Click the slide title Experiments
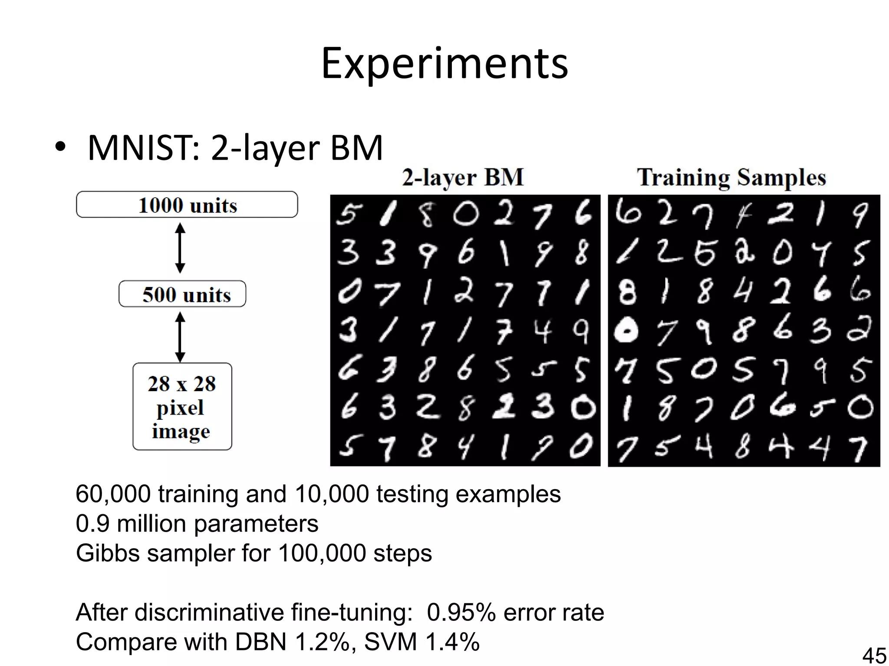[x=444, y=63]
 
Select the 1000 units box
[x=187, y=205]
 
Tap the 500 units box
[x=182, y=294]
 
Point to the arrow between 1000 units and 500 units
[x=180, y=248]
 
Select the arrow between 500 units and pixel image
[x=180, y=337]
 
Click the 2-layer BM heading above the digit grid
[x=463, y=177]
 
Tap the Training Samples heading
[x=731, y=177]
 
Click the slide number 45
[x=873, y=655]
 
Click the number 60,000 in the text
[x=113, y=494]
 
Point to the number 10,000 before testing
[x=331, y=494]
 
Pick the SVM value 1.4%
[x=452, y=642]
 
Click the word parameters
[x=256, y=524]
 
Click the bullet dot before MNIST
[x=60, y=147]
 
